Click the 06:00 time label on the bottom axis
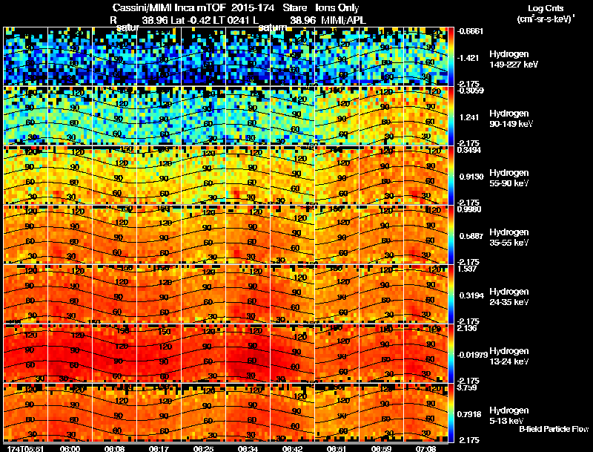click(x=70, y=448)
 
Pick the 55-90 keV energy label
click(x=508, y=183)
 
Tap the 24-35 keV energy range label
click(x=508, y=302)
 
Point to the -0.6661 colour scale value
click(x=471, y=31)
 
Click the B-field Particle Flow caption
click(x=554, y=429)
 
